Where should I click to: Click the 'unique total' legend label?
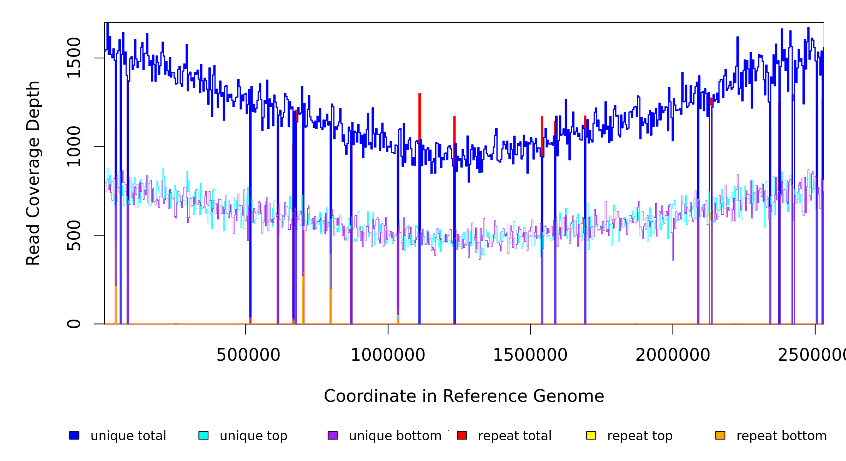point(128,436)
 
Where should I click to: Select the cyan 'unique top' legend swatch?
point(203,435)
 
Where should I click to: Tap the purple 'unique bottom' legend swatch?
point(333,435)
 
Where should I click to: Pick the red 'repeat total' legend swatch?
point(462,435)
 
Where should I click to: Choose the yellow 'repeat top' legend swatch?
point(591,435)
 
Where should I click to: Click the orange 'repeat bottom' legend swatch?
point(720,435)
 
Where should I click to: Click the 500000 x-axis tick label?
point(248,355)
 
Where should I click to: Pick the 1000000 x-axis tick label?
point(388,355)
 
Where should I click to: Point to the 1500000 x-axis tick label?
point(530,355)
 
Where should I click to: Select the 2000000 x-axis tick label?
point(673,355)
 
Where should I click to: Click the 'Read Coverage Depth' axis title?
point(33,173)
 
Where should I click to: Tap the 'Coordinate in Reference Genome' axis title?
point(464,396)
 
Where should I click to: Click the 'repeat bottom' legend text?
point(781,436)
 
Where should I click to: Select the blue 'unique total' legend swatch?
point(74,435)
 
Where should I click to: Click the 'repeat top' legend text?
point(640,436)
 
